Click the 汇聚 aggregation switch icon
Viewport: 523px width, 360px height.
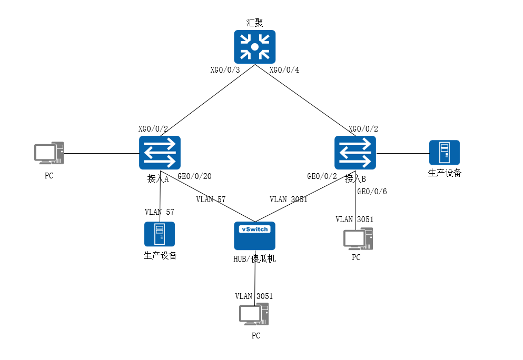[x=255, y=47]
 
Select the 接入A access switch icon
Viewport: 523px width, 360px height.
[x=160, y=153]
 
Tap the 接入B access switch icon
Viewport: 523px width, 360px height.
[x=355, y=153]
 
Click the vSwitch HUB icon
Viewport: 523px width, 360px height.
[x=255, y=235]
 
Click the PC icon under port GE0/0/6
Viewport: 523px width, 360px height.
[x=358, y=238]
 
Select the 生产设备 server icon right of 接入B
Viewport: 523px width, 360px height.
[x=444, y=153]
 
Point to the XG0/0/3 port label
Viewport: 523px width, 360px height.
[x=225, y=70]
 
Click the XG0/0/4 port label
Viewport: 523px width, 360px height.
[x=284, y=70]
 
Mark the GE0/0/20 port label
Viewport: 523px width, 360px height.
[x=194, y=177]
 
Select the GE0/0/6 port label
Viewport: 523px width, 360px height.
[x=372, y=192]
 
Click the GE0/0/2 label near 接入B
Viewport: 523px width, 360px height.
[x=322, y=177]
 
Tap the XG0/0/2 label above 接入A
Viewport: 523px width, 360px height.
[x=153, y=129]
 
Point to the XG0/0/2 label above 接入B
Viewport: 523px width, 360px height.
[x=363, y=129]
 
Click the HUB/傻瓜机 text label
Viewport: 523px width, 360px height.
[x=255, y=259]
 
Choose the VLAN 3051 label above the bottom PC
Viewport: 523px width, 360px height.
[x=254, y=296]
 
